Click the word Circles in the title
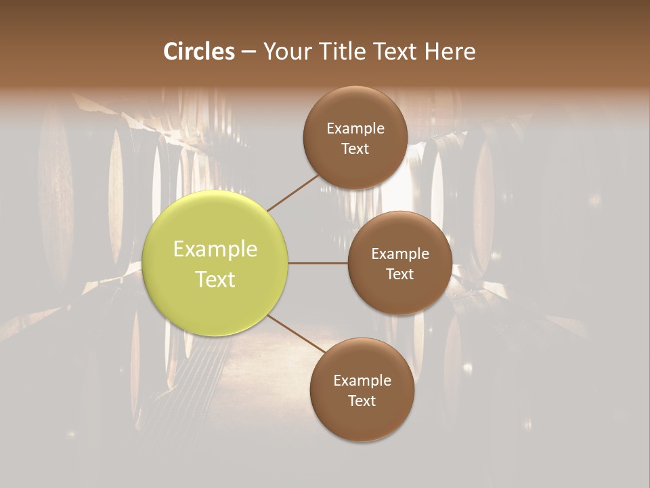click(199, 52)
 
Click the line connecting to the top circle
click(292, 192)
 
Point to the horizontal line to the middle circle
click(318, 263)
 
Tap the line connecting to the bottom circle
click(296, 333)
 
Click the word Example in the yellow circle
click(215, 249)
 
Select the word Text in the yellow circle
click(215, 279)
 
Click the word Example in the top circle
click(355, 129)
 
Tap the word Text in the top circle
click(355, 149)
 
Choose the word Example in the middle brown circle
click(400, 254)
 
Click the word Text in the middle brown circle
click(400, 274)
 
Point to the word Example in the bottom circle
click(362, 381)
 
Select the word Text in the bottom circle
click(362, 401)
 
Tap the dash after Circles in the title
click(248, 52)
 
